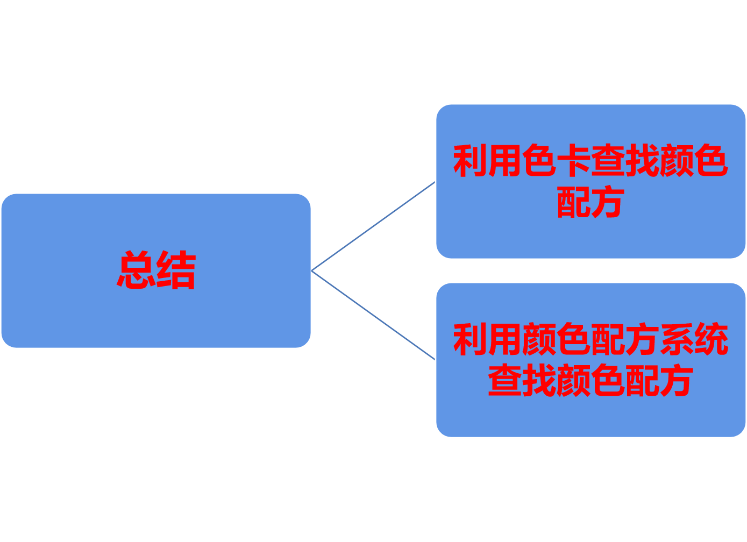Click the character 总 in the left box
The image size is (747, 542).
click(136, 270)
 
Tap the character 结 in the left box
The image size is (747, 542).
click(176, 270)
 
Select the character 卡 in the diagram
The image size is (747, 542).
click(574, 161)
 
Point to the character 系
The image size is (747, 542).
click(677, 339)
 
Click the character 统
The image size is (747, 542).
click(711, 339)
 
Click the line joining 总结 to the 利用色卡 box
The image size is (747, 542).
click(373, 226)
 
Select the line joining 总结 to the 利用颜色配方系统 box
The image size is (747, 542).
click(373, 315)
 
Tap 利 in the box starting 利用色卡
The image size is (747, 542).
click(470, 161)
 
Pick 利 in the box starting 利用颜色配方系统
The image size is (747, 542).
click(470, 339)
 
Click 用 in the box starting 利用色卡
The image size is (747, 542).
click(504, 161)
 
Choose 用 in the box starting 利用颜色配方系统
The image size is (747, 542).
click(504, 339)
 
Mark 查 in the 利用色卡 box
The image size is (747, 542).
click(608, 161)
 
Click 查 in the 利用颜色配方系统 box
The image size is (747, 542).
click(504, 380)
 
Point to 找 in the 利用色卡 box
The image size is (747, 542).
click(643, 161)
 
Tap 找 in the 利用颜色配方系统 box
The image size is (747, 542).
click(539, 380)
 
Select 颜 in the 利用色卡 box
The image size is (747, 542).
click(677, 161)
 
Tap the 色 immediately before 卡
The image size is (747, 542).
click(539, 161)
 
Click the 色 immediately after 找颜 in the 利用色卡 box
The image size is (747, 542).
click(712, 161)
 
